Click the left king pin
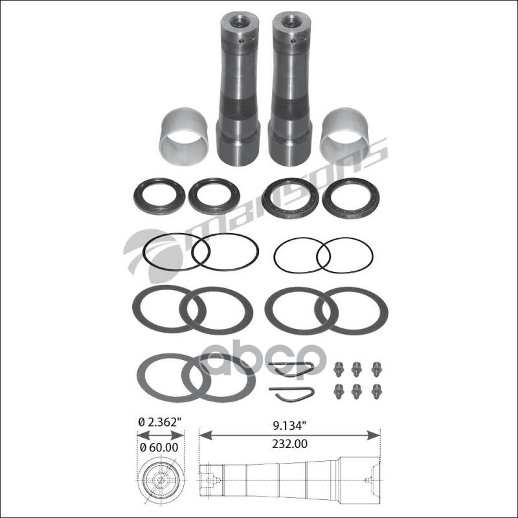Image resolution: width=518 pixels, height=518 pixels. point(238,89)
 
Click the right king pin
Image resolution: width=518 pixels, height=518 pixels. point(290,89)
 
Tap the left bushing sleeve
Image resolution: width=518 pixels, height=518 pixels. point(184,136)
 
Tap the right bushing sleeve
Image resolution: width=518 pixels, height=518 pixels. point(344,136)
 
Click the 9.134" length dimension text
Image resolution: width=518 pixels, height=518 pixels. point(287,426)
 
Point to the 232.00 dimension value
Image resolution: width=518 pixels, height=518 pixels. point(289,444)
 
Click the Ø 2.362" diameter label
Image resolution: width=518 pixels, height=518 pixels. point(160,423)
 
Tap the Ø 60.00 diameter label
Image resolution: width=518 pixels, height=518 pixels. point(159,447)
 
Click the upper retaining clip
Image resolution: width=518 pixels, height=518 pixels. point(291,368)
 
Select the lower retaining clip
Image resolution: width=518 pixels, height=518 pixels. point(291,394)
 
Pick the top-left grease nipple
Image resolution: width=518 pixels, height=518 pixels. point(338,369)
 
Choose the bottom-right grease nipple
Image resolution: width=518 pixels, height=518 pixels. point(376,392)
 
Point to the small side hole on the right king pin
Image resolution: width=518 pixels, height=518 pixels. point(293,41)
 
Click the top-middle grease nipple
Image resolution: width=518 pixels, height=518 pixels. point(355,369)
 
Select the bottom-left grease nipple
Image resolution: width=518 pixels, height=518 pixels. point(338,392)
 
